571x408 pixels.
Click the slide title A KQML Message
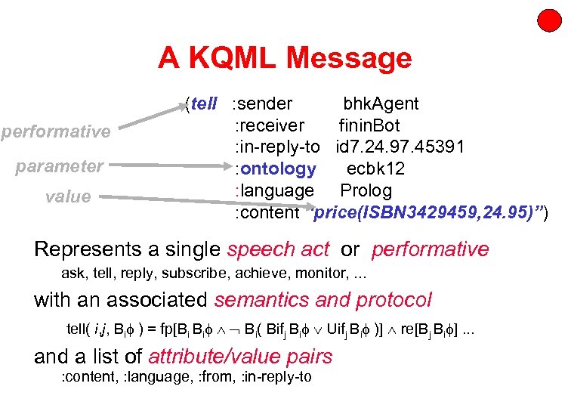click(x=285, y=58)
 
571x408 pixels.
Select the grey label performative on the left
click(x=56, y=131)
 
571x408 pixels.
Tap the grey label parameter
click(x=60, y=165)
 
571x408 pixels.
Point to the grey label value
click(x=67, y=196)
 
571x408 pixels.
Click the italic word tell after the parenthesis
click(x=204, y=104)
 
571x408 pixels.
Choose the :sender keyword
click(x=263, y=104)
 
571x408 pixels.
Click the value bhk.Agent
click(x=381, y=104)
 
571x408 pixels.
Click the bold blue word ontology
click(x=278, y=168)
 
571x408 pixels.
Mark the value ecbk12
click(x=375, y=168)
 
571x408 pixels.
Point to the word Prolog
click(x=366, y=190)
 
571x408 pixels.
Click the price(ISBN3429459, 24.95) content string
click(x=428, y=212)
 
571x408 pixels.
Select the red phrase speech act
click(x=278, y=249)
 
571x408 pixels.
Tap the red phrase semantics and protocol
click(x=323, y=299)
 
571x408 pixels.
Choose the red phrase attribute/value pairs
click(x=240, y=355)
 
